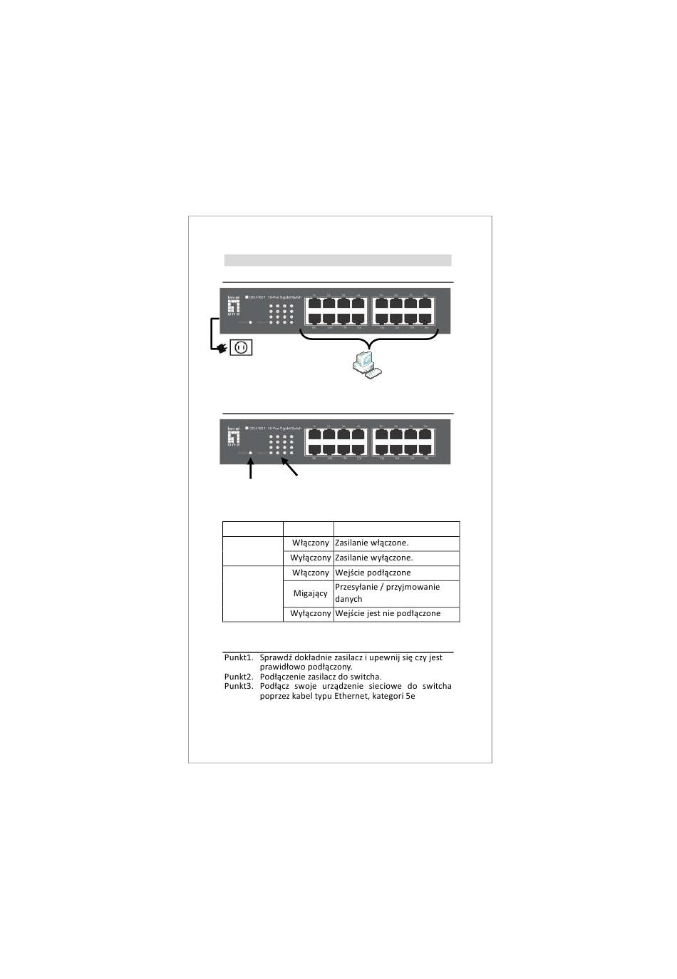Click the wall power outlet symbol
[241, 347]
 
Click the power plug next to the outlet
[222, 348]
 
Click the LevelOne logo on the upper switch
[234, 307]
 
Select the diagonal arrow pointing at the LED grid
[289, 467]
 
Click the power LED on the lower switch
[250, 453]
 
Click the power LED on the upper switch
[250, 322]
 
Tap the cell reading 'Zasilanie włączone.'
[396, 543]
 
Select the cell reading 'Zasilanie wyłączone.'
[396, 558]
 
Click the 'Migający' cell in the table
[310, 593]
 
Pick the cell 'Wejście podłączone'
[396, 573]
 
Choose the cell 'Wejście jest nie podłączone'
[396, 614]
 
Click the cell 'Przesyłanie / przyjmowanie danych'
[396, 593]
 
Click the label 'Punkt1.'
[238, 657]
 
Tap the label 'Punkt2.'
[238, 677]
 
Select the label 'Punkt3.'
[238, 686]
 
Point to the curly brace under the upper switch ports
[368, 339]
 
